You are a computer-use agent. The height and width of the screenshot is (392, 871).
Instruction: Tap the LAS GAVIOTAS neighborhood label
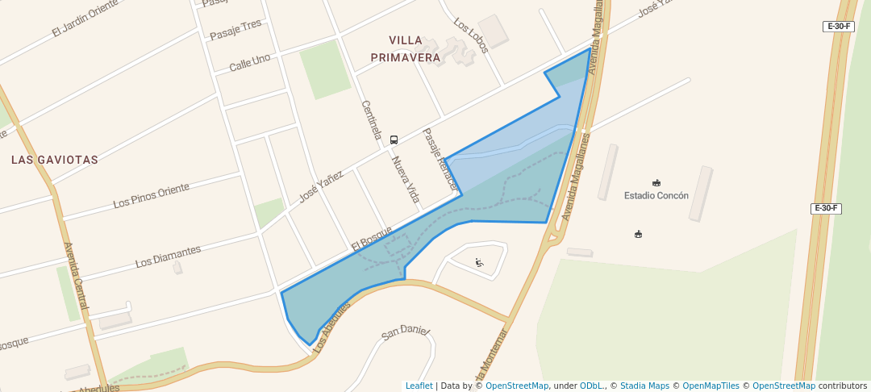pyautogui.click(x=55, y=160)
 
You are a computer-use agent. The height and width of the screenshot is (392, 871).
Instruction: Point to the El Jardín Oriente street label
pyautogui.click(x=85, y=19)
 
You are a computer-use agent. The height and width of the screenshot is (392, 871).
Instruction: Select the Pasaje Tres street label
pyautogui.click(x=236, y=30)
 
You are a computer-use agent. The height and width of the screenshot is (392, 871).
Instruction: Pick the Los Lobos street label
pyautogui.click(x=471, y=35)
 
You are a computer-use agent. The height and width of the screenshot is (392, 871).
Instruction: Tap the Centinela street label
pyautogui.click(x=371, y=120)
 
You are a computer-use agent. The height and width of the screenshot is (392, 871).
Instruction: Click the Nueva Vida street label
pyautogui.click(x=406, y=179)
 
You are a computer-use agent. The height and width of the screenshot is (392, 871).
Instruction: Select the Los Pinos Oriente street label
pyautogui.click(x=152, y=195)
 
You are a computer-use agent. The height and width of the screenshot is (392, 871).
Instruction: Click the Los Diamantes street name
pyautogui.click(x=168, y=256)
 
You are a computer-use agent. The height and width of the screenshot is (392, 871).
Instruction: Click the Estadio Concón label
pyautogui.click(x=656, y=195)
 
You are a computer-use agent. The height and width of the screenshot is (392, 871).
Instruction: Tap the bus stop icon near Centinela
pyautogui.click(x=394, y=140)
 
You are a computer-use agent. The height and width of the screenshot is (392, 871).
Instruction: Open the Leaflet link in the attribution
pyautogui.click(x=419, y=386)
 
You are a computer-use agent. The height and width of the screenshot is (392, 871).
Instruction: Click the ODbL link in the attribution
pyautogui.click(x=591, y=386)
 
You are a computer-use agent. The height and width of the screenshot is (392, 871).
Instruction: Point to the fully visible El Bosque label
pyautogui.click(x=371, y=237)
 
